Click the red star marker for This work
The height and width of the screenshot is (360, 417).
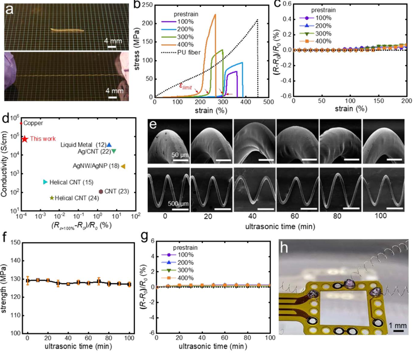[x=25, y=139]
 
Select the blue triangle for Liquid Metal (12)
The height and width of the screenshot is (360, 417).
[x=109, y=145]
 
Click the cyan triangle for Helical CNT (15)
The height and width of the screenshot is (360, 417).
[x=45, y=182]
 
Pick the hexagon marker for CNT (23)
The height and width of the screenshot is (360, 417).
[x=100, y=191]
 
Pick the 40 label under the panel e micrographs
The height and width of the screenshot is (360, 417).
[x=250, y=217]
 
